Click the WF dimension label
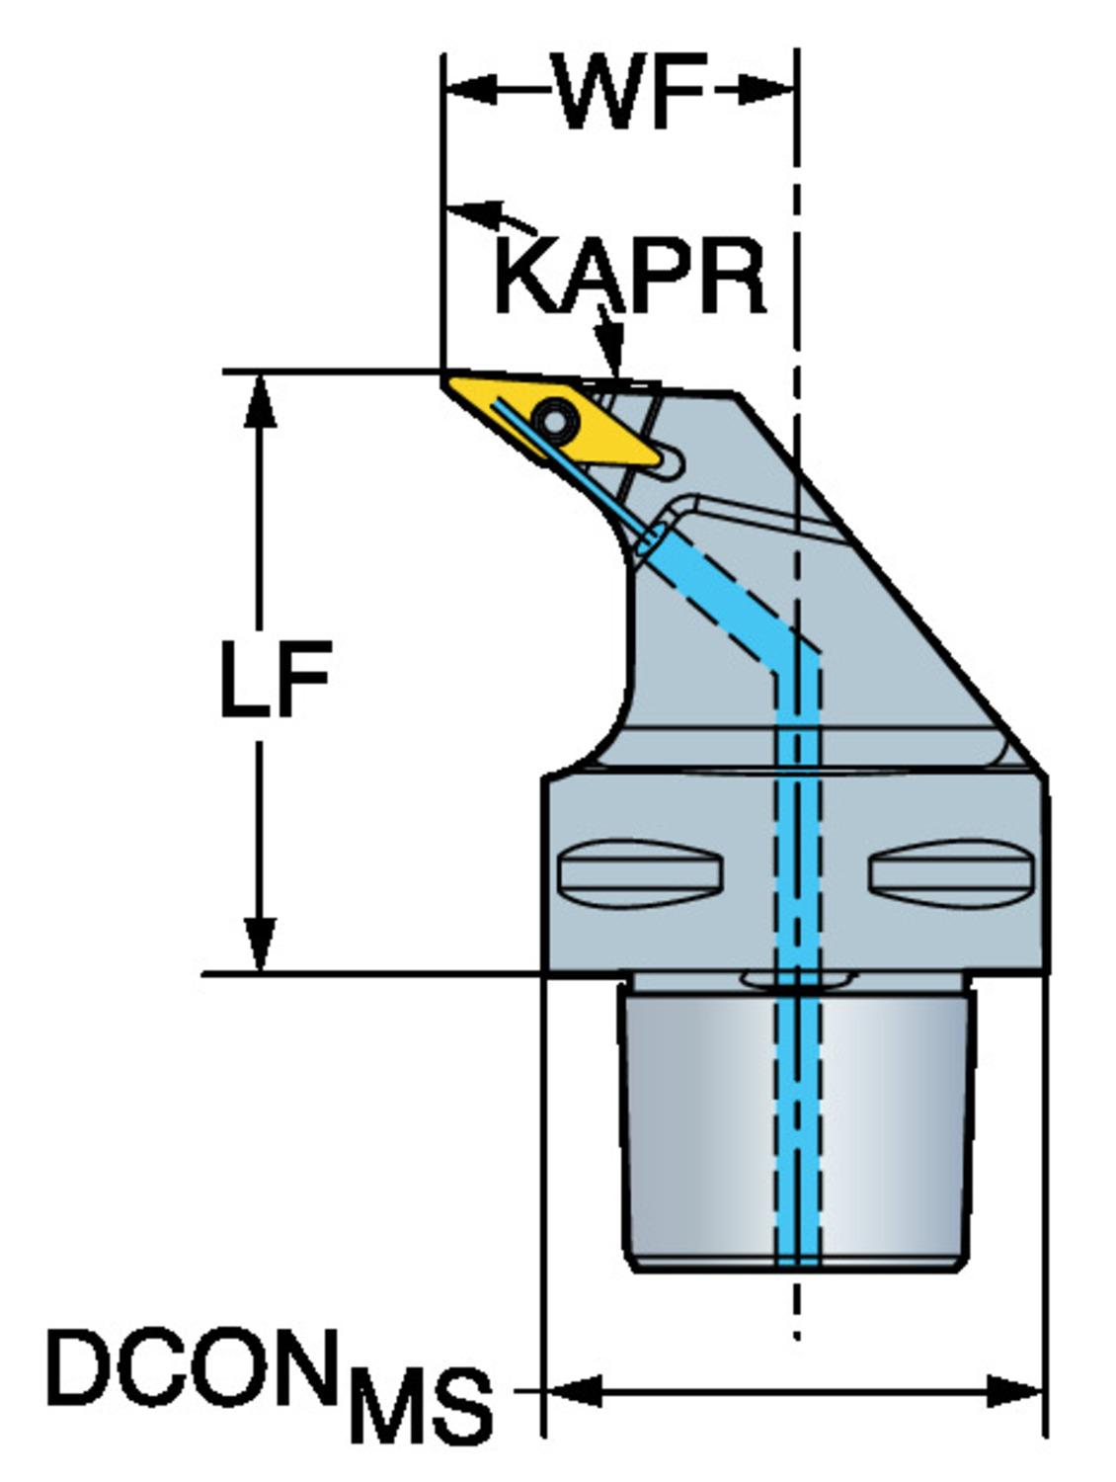(x=630, y=91)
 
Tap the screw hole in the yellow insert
(x=556, y=423)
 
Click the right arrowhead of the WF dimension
(x=770, y=91)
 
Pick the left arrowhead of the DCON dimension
(x=570, y=1391)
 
